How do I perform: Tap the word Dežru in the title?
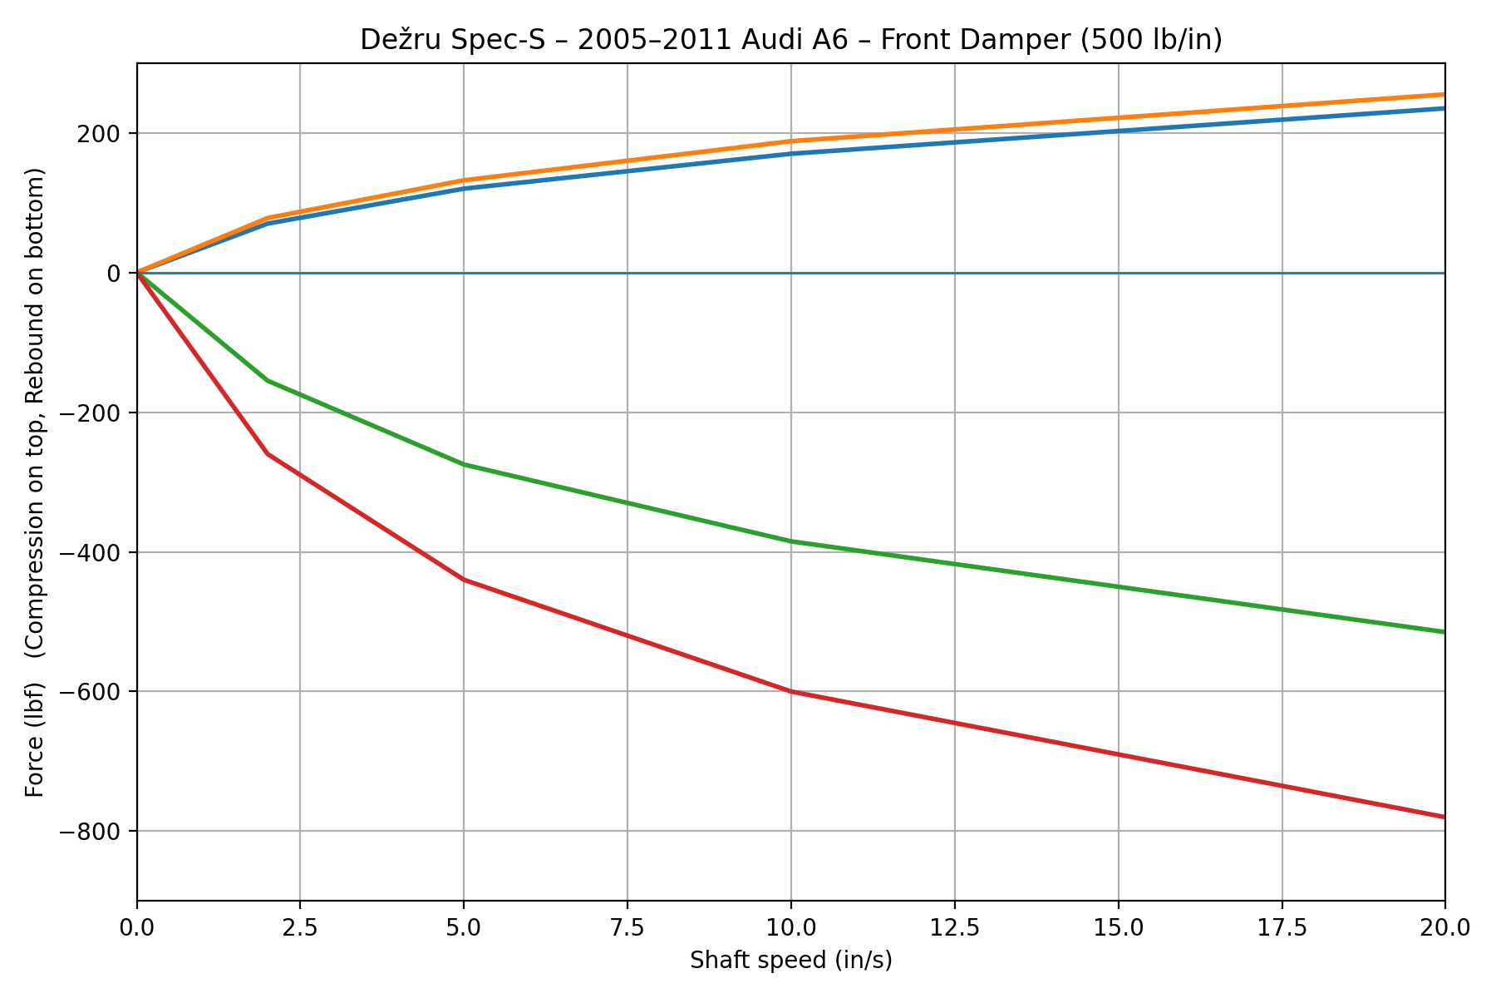(x=394, y=40)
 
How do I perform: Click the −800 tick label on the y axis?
(x=94, y=831)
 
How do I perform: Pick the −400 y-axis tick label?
(x=94, y=552)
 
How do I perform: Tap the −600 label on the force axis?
(x=94, y=692)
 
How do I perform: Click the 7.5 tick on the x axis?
(x=627, y=926)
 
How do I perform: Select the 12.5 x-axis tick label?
(x=954, y=926)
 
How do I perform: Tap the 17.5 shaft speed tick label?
(x=1282, y=926)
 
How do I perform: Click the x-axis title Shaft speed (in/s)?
(x=790, y=961)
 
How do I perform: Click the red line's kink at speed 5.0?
(x=464, y=580)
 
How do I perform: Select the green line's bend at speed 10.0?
(x=790, y=541)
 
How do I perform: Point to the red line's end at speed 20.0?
(x=1444, y=817)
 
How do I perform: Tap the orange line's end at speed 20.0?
(x=1444, y=95)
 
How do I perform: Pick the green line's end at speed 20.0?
(x=1444, y=632)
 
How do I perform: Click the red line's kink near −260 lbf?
(x=268, y=454)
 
